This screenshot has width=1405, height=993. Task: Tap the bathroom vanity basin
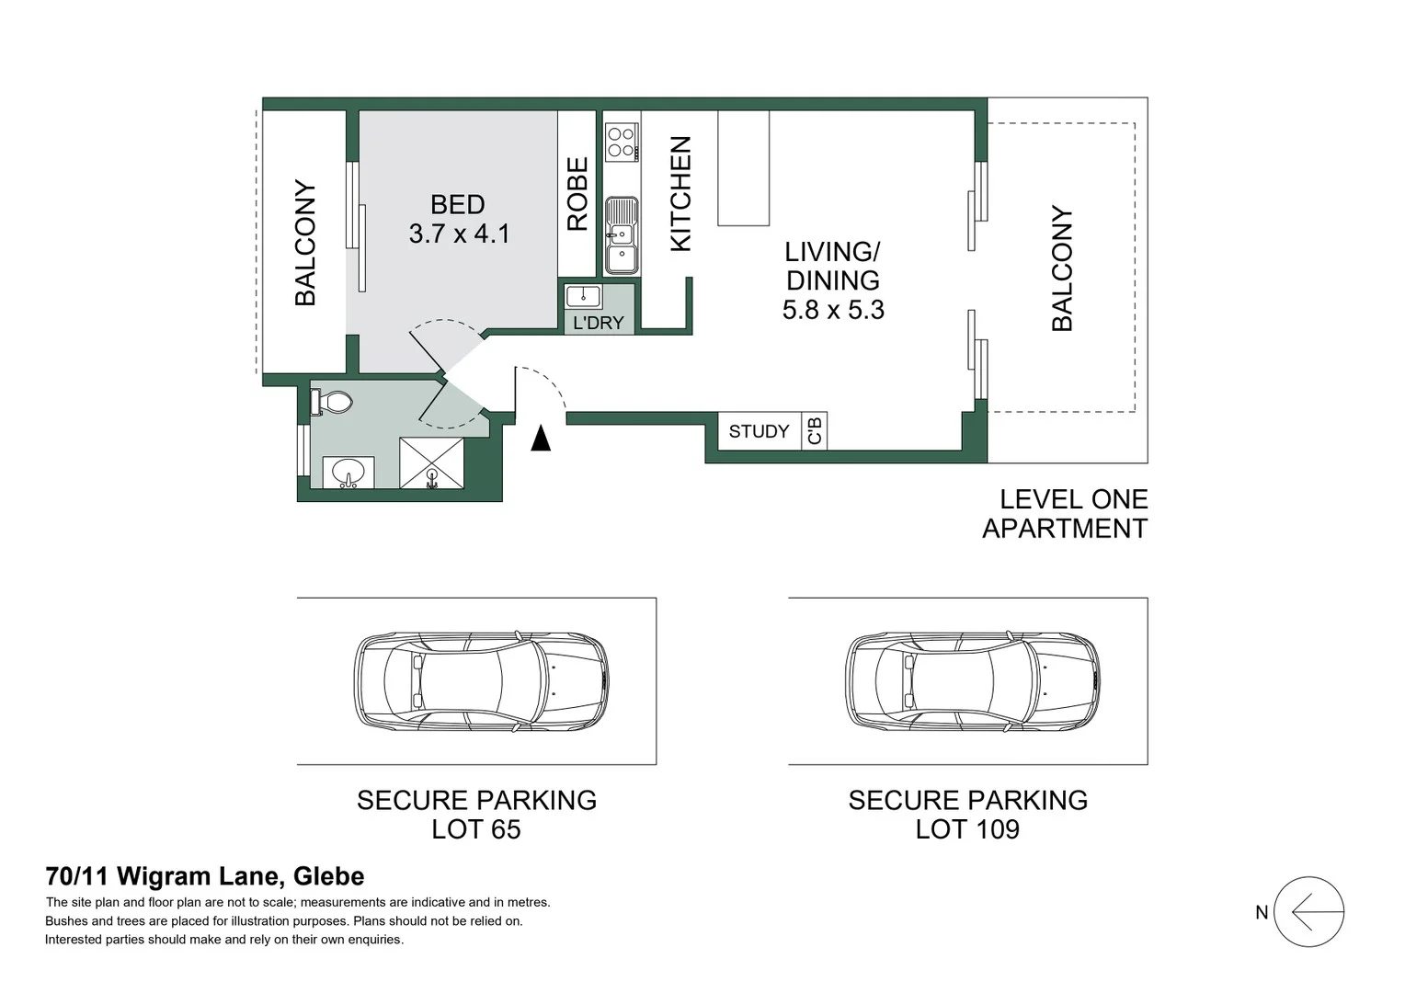[x=348, y=472]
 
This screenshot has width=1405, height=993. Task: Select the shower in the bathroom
[x=431, y=462]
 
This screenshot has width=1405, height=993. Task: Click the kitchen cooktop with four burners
[x=623, y=142]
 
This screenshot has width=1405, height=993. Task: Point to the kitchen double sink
[x=622, y=236]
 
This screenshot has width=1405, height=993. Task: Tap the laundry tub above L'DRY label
[x=583, y=296]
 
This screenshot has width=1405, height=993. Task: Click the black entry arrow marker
[x=541, y=438]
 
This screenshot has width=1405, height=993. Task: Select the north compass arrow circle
[x=1309, y=912]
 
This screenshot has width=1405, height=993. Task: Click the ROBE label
[x=577, y=194]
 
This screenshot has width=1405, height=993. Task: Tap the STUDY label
[x=759, y=431]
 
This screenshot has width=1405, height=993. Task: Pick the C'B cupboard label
[x=814, y=431]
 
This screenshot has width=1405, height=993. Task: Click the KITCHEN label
[x=680, y=194]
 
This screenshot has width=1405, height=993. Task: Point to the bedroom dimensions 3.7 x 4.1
[x=459, y=234]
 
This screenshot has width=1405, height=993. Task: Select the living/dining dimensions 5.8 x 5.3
[x=833, y=310]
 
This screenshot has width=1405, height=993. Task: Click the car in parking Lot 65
[x=481, y=681]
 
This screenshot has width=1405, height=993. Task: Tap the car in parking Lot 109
[x=972, y=681]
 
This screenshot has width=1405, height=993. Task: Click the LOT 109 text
[x=967, y=829]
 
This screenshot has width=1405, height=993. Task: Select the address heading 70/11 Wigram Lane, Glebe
[x=205, y=876]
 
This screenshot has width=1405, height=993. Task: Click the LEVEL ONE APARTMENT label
[x=1065, y=514]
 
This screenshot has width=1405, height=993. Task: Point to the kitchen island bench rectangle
[x=743, y=168]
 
